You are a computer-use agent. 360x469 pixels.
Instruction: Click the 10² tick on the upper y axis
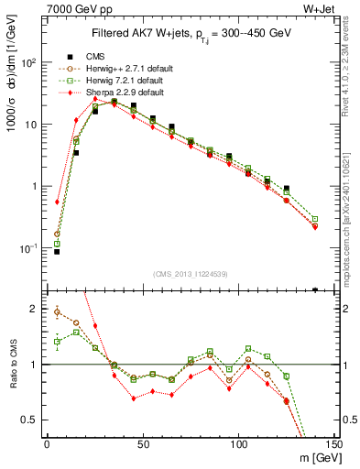tap(28, 62)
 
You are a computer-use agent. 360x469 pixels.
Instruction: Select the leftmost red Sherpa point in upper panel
tap(57, 202)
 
